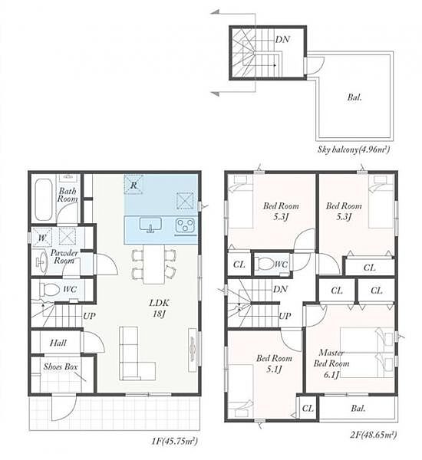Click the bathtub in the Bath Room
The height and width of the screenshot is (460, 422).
coord(44,199)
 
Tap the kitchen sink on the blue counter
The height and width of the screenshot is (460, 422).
coord(150,225)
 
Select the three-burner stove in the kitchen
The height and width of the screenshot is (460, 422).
coord(185,225)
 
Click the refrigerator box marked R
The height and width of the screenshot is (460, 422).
coord(134,185)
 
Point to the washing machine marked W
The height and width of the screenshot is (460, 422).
coord(41,237)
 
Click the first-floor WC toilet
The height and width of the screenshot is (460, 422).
coord(49,290)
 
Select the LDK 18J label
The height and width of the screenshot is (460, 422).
coord(159,308)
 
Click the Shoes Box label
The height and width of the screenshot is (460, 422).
coord(61,366)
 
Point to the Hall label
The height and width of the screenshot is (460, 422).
coord(58,343)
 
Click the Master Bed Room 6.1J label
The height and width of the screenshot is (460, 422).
coord(331,363)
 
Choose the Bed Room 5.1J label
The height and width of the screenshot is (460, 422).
coord(274,363)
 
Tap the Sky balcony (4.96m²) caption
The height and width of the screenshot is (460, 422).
coord(354,149)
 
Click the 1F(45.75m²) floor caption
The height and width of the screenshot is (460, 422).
coord(174,441)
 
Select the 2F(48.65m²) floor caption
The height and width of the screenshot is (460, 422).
coord(373,435)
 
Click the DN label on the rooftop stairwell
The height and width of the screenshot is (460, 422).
coord(282,39)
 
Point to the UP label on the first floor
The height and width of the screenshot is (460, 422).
coord(89,316)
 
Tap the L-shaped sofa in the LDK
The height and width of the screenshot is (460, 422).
coord(137,353)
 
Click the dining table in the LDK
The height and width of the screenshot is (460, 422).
coord(154,264)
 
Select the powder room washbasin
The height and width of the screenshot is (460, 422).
coord(42,261)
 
